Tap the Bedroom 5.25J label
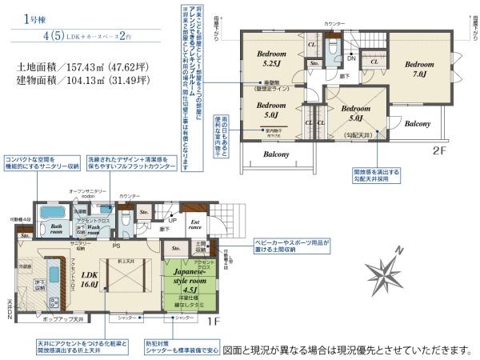click(x=266, y=59)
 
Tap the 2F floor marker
click(x=438, y=149)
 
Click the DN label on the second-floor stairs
click(x=350, y=58)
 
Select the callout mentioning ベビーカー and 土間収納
click(x=293, y=244)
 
